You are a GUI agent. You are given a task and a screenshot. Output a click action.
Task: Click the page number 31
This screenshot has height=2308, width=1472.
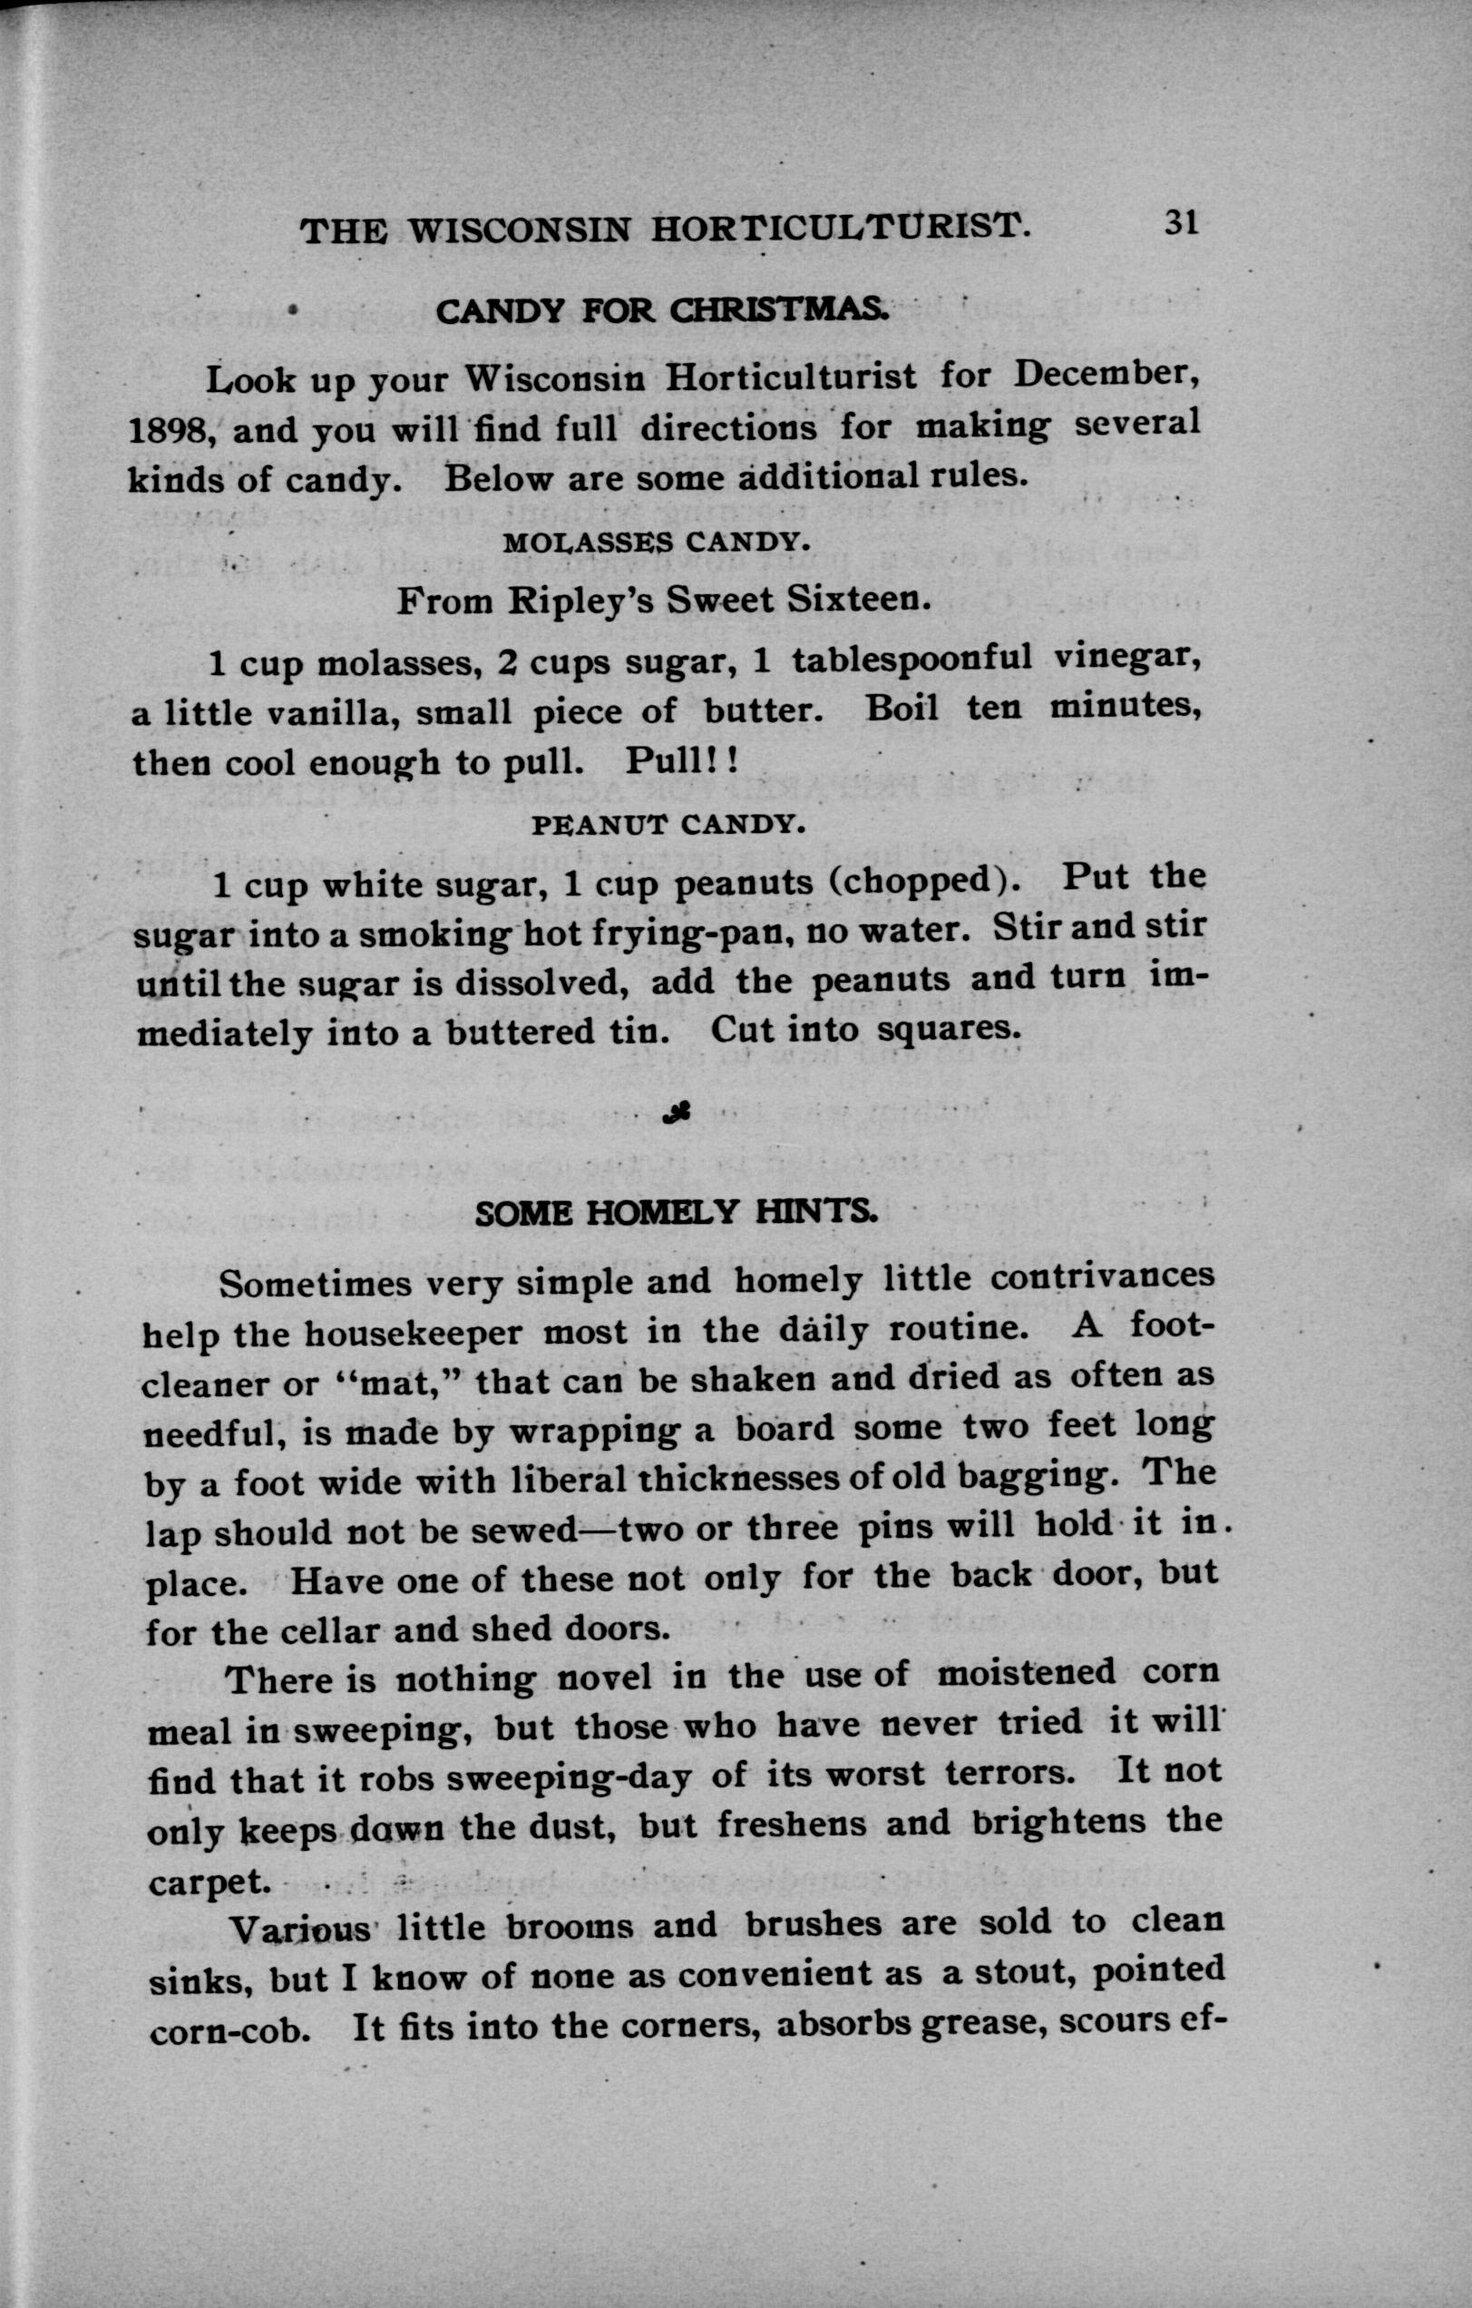1181,223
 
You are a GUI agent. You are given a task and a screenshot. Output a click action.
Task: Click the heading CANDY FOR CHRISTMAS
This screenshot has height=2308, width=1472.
662,310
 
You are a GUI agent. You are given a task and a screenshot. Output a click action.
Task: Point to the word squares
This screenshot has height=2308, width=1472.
944,1029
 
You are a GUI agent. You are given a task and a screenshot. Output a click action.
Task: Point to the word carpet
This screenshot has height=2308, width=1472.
205,1883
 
